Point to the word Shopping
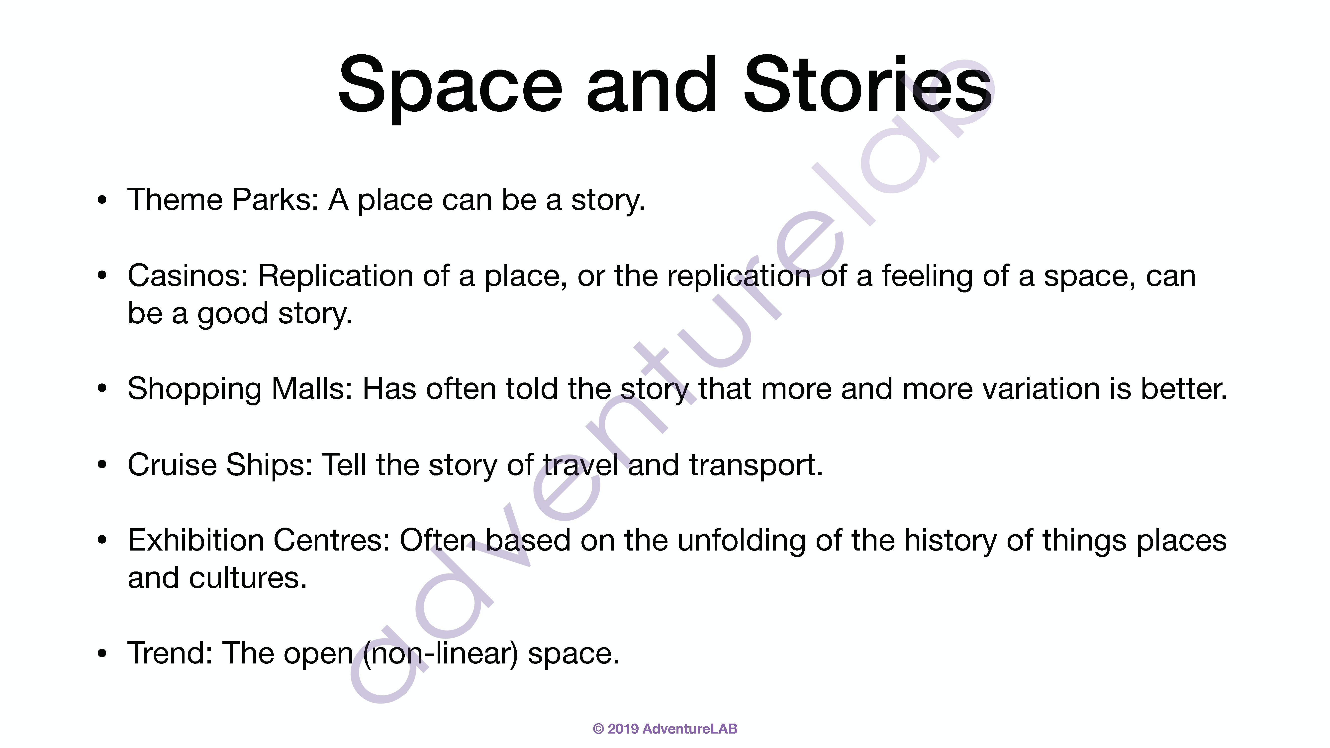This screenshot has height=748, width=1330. click(x=195, y=390)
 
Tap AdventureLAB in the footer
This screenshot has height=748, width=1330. click(x=690, y=729)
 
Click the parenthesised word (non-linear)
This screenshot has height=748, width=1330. click(x=440, y=654)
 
